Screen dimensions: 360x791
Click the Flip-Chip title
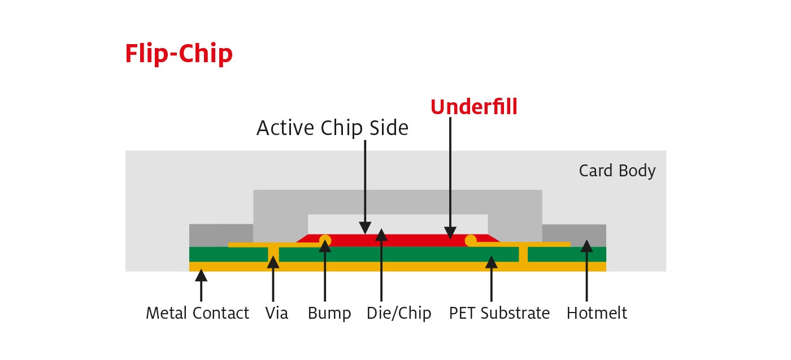tap(179, 54)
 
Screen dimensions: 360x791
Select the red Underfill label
tap(473, 107)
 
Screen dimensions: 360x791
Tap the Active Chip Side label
tap(332, 128)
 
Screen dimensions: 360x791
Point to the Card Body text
tap(617, 171)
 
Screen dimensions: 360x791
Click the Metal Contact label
tap(197, 313)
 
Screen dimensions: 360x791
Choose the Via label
tap(276, 313)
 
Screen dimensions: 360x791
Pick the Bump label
tap(329, 313)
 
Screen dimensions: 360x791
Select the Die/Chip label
tap(398, 313)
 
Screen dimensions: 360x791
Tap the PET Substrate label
tap(499, 313)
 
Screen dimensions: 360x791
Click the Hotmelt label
tap(597, 313)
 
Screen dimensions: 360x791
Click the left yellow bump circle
tap(325, 240)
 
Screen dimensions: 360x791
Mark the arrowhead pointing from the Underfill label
tap(450, 232)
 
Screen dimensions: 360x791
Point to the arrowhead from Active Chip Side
tap(365, 228)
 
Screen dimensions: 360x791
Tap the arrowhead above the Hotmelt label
tap(586, 246)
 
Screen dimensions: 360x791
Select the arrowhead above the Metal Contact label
tap(201, 275)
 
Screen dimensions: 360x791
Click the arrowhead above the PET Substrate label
tap(492, 262)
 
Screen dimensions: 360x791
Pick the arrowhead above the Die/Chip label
tap(381, 235)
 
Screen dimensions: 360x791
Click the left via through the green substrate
tap(273, 253)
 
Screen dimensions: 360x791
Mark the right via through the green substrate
tap(523, 253)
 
